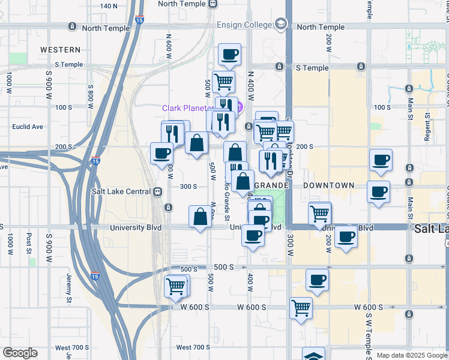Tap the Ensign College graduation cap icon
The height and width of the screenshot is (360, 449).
[280, 24]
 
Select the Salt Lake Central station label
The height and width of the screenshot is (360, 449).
[121, 192]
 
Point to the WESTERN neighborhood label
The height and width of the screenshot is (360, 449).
[60, 49]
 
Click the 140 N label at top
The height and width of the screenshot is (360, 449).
[109, 6]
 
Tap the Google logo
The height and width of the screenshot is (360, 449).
[20, 353]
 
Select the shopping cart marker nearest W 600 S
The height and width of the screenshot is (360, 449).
[301, 308]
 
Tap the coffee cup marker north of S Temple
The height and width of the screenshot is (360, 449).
[229, 55]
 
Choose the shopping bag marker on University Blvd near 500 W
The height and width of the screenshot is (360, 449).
[200, 217]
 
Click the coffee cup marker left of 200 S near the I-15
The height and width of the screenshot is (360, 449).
[161, 153]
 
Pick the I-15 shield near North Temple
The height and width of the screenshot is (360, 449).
[139, 20]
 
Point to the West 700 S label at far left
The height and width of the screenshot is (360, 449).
[72, 347]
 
